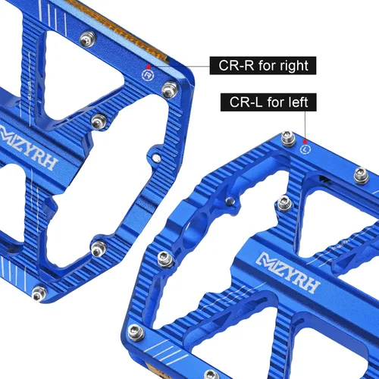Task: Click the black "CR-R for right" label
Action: click(263, 65)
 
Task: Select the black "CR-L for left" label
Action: click(268, 102)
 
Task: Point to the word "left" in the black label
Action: click(299, 102)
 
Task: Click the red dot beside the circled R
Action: click(149, 67)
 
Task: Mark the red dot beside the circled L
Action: click(305, 142)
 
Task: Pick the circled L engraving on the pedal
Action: click(305, 149)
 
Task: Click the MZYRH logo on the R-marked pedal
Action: click(27, 147)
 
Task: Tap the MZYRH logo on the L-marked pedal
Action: click(288, 273)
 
